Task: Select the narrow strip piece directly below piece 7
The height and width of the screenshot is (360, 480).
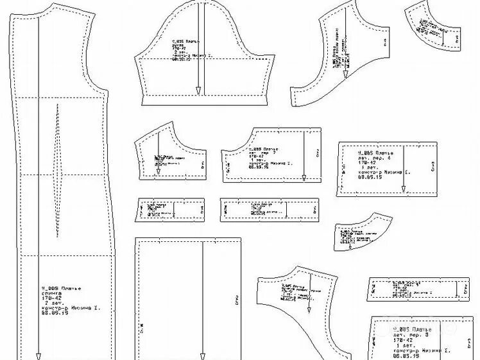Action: click(270, 210)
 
